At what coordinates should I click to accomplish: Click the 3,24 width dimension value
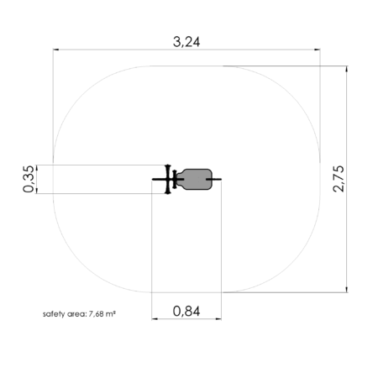tap(186, 42)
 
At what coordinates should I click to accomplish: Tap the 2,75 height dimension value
tap(339, 179)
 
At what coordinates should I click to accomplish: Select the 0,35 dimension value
tap(29, 179)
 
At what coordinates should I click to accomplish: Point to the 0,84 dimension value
tap(186, 312)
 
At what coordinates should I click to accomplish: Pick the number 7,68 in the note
tap(97, 314)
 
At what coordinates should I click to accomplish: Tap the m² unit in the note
tap(111, 314)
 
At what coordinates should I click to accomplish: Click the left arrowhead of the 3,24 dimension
tap(56, 50)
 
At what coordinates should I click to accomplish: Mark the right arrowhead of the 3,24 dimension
tap(317, 50)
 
